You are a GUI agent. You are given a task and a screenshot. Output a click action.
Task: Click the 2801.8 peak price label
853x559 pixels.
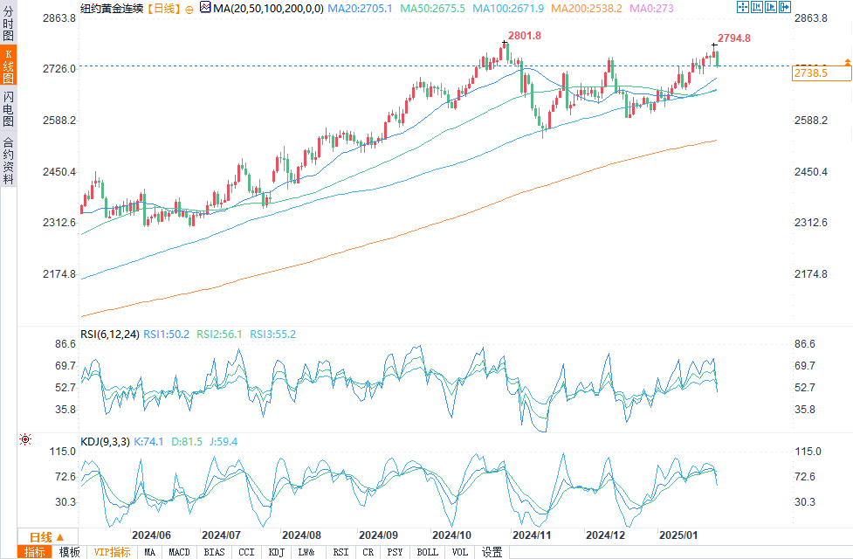524,36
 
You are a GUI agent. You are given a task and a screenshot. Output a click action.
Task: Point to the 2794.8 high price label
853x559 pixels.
733,38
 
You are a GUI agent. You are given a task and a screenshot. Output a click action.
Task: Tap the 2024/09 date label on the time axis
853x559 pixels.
378,535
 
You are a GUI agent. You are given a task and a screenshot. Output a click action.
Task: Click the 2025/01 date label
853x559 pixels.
678,535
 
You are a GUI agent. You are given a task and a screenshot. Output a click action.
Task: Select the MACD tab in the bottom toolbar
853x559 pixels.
179,552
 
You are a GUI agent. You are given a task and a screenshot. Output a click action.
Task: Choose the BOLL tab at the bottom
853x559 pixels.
427,552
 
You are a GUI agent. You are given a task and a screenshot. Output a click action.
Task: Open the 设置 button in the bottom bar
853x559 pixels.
492,552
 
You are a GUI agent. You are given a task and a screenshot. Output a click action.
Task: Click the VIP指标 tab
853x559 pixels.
112,552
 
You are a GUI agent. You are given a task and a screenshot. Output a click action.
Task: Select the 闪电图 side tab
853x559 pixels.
9,108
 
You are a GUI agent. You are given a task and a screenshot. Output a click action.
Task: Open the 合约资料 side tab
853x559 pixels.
9,160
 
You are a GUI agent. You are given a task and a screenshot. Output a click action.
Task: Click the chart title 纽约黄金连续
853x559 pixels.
111,8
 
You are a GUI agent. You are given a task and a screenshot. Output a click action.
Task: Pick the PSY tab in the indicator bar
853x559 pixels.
395,552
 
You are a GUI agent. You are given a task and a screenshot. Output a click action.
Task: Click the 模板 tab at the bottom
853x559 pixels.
69,552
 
